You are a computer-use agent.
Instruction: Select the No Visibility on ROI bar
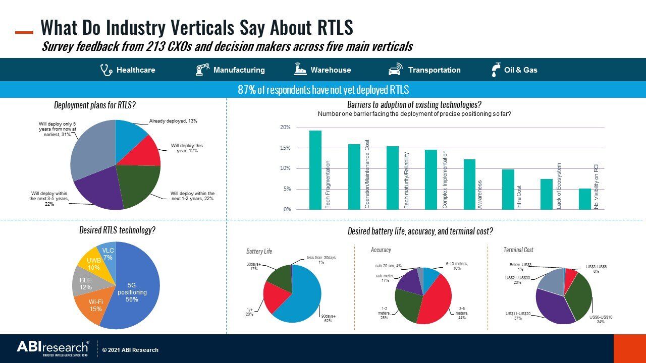point(584,199)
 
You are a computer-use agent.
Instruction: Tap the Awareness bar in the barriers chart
point(469,184)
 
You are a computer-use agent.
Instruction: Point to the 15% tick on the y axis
point(285,148)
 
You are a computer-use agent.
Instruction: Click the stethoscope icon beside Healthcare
point(106,70)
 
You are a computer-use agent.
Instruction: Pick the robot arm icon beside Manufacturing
point(202,70)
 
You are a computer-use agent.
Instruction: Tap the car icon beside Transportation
point(395,70)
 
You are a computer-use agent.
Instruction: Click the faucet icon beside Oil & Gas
point(496,70)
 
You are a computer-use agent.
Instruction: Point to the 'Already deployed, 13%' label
point(173,122)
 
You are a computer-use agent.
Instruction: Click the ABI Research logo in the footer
point(53,348)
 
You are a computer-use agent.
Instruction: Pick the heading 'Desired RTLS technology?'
point(117,230)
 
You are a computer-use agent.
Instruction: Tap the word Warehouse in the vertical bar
point(331,70)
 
